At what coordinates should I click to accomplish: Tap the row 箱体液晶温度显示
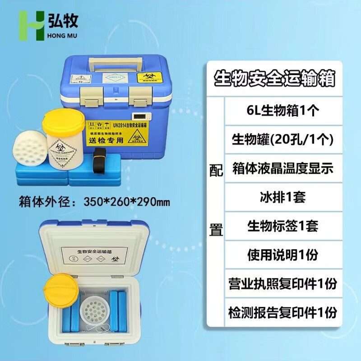click(x=276, y=168)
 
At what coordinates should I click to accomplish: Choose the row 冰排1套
click(x=276, y=197)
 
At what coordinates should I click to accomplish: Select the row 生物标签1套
click(x=276, y=226)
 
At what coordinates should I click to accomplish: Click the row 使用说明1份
click(x=276, y=255)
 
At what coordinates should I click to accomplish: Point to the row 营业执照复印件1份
click(x=276, y=283)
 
